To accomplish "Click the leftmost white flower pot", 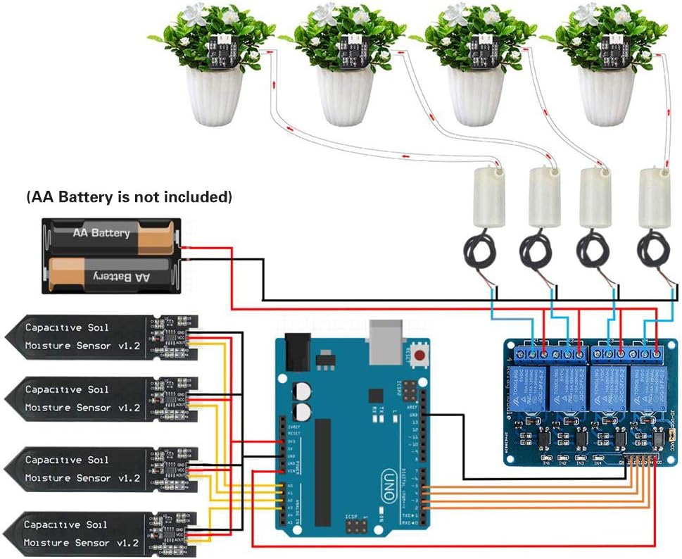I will click(x=214, y=95).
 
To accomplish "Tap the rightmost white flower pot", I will click(x=606, y=95).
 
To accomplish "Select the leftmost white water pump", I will click(x=483, y=198).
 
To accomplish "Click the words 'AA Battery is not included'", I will click(x=129, y=197).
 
